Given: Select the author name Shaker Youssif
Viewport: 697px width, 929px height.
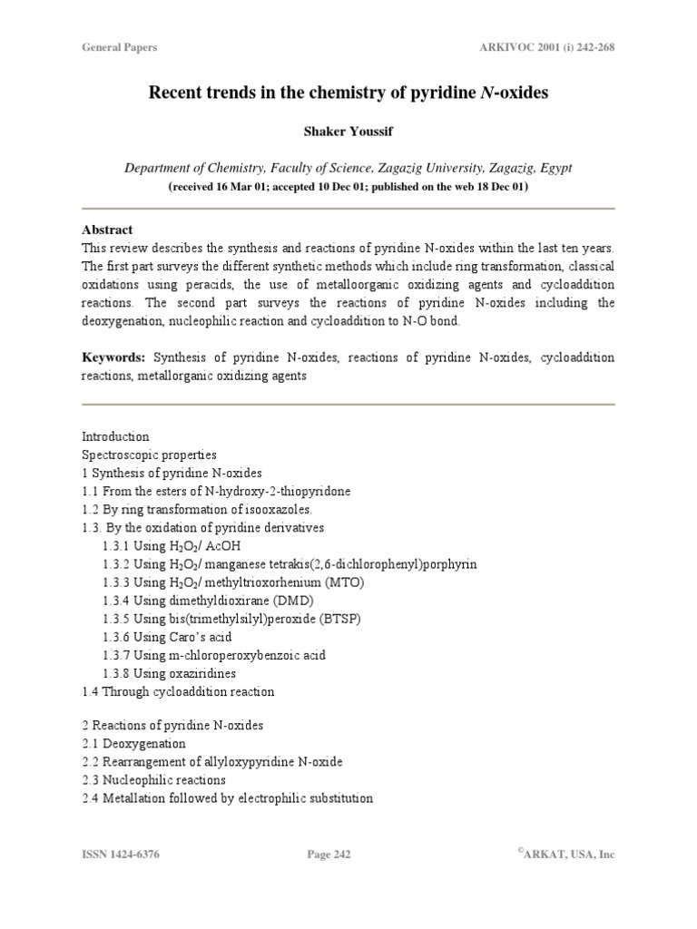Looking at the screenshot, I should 348,132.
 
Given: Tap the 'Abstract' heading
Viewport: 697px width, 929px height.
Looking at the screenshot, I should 107,230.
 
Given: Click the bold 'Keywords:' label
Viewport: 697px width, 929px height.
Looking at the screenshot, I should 114,358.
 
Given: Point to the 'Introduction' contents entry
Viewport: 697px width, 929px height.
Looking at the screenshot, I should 116,436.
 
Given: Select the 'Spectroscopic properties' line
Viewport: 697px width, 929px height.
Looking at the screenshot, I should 150,455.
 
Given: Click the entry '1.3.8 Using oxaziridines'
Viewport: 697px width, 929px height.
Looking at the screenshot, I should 169,673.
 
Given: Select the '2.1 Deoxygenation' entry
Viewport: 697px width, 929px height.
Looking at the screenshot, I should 133,744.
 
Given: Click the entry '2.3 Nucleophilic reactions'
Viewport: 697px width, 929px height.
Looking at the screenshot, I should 154,780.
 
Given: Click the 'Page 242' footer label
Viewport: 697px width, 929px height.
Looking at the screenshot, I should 329,855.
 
